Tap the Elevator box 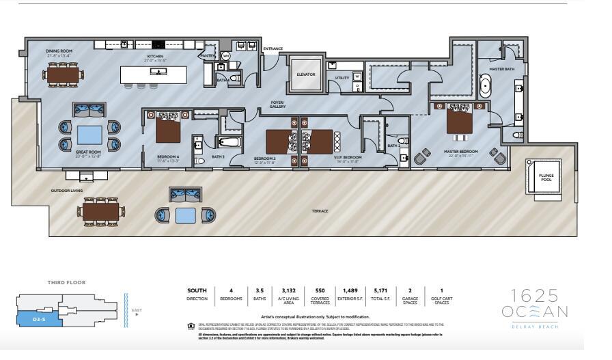click(306, 74)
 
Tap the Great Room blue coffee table click(89, 135)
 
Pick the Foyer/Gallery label click(277, 105)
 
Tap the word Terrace click(320, 211)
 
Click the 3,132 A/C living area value click(288, 290)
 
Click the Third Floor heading click(66, 282)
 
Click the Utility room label click(342, 78)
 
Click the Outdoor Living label click(67, 191)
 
